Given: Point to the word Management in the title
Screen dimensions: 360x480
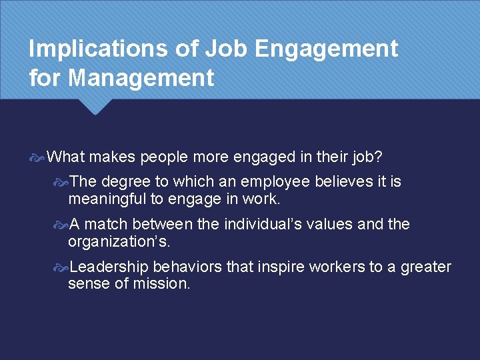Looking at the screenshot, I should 141,78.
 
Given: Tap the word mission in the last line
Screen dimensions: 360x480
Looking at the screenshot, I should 166,283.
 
